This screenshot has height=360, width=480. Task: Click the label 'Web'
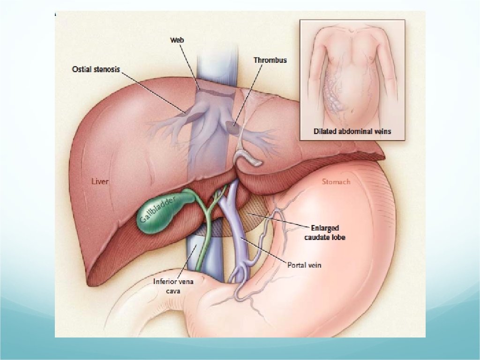177,40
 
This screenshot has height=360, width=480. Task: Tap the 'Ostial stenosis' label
96,69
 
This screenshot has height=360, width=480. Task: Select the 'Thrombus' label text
270,60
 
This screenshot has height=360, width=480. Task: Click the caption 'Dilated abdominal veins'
352,132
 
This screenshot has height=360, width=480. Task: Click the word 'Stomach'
336,181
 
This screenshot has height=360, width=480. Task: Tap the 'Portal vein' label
304,265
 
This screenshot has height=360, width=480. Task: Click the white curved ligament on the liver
248,157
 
